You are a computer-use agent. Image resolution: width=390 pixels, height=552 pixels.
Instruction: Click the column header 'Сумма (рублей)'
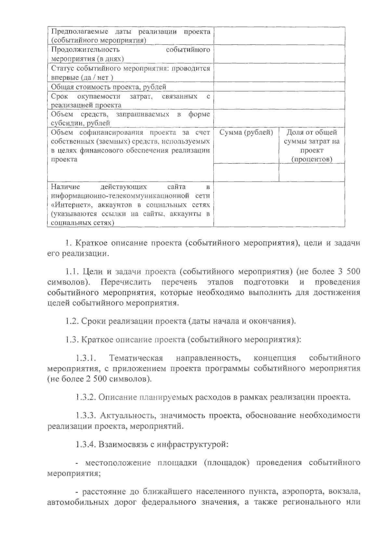click(x=246, y=132)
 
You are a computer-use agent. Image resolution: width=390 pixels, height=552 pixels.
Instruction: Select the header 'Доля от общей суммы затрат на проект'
click(x=312, y=145)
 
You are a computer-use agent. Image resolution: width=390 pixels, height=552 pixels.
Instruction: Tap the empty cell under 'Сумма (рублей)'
click(x=246, y=172)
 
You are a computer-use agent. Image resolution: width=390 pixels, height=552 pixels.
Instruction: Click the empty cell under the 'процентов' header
click(x=312, y=172)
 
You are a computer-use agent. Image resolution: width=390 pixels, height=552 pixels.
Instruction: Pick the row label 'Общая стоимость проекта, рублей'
click(x=109, y=87)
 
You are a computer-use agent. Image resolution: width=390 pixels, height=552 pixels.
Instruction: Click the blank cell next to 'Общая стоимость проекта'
click(x=279, y=87)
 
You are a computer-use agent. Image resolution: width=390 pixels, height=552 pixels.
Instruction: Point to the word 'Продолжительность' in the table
click(x=85, y=50)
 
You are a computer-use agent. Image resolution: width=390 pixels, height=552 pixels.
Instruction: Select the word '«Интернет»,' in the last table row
click(x=69, y=205)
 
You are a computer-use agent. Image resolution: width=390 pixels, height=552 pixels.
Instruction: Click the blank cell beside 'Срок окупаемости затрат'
click(x=279, y=101)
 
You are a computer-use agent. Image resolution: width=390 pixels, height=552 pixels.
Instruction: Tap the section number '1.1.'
click(x=71, y=271)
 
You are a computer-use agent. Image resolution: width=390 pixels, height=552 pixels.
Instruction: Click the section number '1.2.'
click(x=71, y=321)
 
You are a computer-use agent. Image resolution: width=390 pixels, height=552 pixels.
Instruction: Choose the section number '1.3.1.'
click(x=85, y=358)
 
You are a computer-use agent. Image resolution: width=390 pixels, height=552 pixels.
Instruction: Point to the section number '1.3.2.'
click(x=85, y=397)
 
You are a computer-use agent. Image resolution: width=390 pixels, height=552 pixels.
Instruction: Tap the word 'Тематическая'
click(x=136, y=358)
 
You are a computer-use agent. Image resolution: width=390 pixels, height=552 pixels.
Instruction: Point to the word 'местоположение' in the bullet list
click(x=118, y=463)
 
